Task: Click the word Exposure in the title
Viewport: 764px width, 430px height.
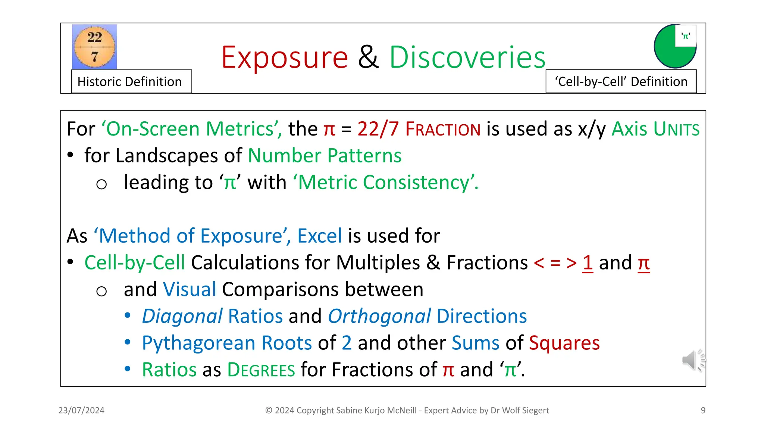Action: click(284, 57)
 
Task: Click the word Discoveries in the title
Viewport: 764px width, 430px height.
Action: click(467, 57)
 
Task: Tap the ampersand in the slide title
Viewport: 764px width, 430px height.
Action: click(368, 57)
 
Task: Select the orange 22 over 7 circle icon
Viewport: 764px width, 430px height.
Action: click(94, 47)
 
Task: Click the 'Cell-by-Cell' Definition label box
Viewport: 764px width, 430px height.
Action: click(621, 81)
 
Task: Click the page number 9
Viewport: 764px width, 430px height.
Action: click(703, 410)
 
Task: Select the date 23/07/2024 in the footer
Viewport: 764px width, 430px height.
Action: click(81, 410)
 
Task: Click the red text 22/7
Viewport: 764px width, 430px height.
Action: click(378, 129)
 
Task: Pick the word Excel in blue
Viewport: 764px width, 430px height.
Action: click(319, 236)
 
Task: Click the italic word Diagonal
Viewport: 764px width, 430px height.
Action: click(182, 317)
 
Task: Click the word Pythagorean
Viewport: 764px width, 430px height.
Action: click(198, 343)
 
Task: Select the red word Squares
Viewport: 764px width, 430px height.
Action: click(564, 343)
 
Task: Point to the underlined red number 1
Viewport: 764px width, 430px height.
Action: click(588, 263)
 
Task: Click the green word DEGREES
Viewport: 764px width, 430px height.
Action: click(261, 370)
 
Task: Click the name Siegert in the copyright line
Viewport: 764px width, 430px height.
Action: click(535, 410)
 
